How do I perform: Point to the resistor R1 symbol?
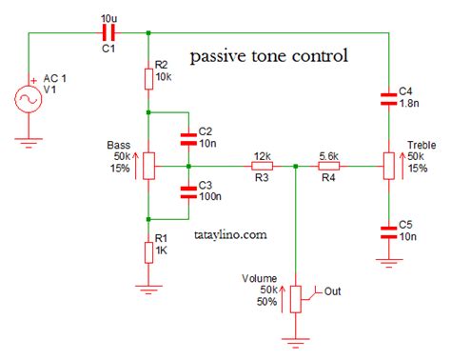pyautogui.click(x=148, y=250)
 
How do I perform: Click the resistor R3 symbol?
pyautogui.click(x=262, y=166)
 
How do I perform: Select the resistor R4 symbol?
pyautogui.click(x=329, y=166)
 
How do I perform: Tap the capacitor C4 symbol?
pyautogui.click(x=387, y=96)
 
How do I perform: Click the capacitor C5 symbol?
pyautogui.click(x=387, y=230)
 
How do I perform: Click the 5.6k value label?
pyautogui.click(x=329, y=154)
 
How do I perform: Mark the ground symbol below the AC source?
pyautogui.click(x=29, y=143)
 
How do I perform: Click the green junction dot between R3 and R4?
pyautogui.click(x=296, y=166)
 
